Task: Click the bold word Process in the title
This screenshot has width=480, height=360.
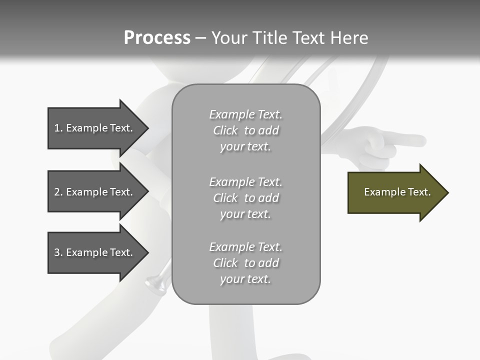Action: tap(157, 38)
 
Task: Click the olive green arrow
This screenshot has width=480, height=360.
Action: tap(395, 192)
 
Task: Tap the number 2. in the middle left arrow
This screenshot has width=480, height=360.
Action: tap(58, 192)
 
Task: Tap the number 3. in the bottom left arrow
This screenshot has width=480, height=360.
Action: tap(58, 252)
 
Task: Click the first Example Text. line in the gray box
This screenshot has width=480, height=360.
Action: tap(245, 114)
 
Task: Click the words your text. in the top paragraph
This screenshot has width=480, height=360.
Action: tap(245, 147)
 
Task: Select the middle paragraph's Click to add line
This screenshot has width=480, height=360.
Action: tap(245, 198)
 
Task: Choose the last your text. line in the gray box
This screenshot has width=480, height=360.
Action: tap(245, 279)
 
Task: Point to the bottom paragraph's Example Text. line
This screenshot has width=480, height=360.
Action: tap(245, 247)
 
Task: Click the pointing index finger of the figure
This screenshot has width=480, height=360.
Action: tap(410, 140)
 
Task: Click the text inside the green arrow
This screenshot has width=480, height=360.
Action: tap(397, 192)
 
